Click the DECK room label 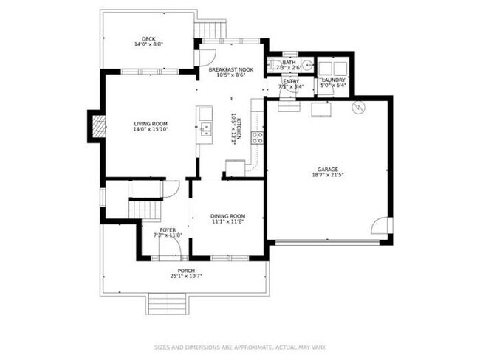pyautogui.click(x=149, y=39)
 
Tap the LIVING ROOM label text pyautogui.click(x=151, y=123)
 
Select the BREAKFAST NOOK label pyautogui.click(x=230, y=69)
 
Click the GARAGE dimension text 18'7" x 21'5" pyautogui.click(x=328, y=175)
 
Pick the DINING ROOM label pyautogui.click(x=227, y=215)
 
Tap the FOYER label pyautogui.click(x=166, y=229)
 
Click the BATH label pyautogui.click(x=289, y=63)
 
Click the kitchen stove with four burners pyautogui.click(x=257, y=136)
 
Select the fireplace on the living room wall pyautogui.click(x=95, y=126)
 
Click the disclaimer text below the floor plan pyautogui.click(x=240, y=345)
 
